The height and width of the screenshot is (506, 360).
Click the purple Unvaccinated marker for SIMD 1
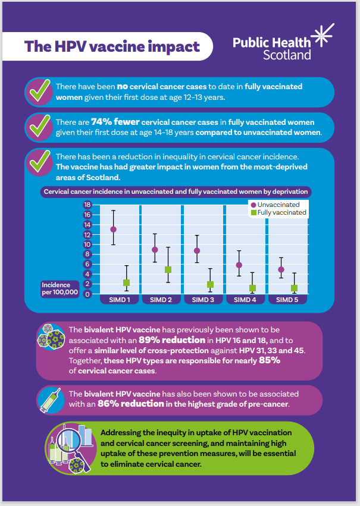pyautogui.click(x=113, y=229)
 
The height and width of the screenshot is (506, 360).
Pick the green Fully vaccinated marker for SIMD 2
pyautogui.click(x=168, y=269)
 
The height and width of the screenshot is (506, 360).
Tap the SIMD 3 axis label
pyautogui.click(x=204, y=299)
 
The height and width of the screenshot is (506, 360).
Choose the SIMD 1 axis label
pyautogui.click(x=119, y=299)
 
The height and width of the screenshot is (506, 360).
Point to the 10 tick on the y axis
pyautogui.click(x=87, y=244)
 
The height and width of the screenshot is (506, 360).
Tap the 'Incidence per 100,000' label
pyautogui.click(x=60, y=288)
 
